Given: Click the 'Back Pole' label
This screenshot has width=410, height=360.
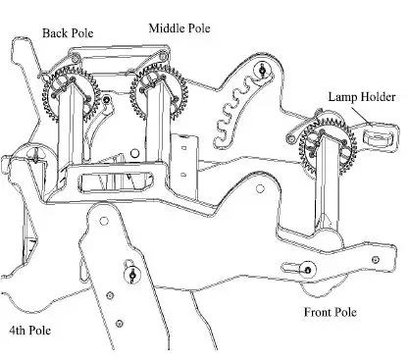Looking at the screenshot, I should (68, 33).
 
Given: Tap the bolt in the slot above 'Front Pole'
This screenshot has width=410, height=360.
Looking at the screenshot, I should (307, 270).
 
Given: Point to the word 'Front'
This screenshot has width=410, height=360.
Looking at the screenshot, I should (313, 312).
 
